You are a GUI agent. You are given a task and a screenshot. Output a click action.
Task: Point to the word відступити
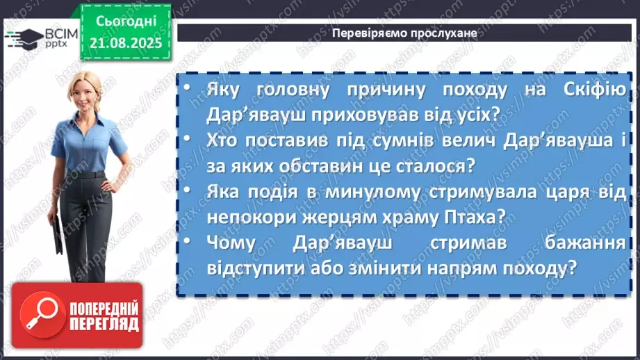(x=252, y=266)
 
